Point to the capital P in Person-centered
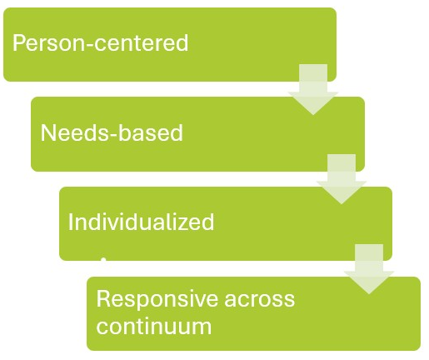pos(18,43)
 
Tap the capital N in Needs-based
pos(47,133)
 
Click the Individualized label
pos(141,222)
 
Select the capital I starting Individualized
pos(72,222)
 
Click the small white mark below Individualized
pos(102,259)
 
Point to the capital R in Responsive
pos(102,299)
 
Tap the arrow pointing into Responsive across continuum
pos(368,269)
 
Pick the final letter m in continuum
pos(202,325)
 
